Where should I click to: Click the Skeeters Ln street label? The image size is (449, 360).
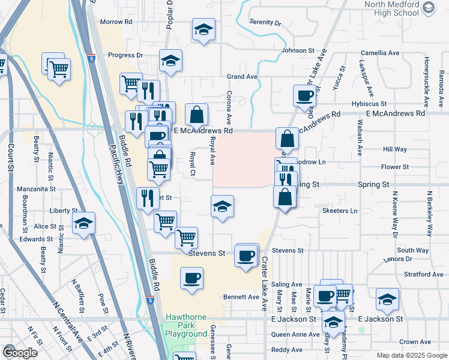coord(340,211)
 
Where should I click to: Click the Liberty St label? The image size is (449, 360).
coord(61,211)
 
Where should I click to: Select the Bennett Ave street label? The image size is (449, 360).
coord(241,296)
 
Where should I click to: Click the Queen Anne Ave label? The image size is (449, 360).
coord(295,334)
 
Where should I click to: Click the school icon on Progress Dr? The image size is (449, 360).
coord(170,61)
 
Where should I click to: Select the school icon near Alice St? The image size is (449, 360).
coord(84,224)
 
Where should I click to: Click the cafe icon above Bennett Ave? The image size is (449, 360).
coord(191,278)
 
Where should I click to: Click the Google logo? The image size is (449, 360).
coord(20,352)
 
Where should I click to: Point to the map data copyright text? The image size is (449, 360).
coord(411,355)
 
